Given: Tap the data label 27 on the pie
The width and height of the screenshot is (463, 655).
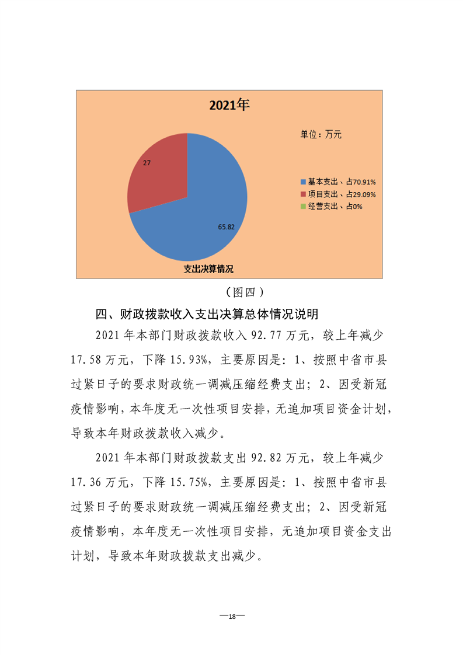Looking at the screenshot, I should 147,163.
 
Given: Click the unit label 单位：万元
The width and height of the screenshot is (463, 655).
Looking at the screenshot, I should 321,134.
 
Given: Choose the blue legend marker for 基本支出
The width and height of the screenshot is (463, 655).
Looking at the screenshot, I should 303,182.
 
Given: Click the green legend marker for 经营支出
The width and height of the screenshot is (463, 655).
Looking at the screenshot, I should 303,206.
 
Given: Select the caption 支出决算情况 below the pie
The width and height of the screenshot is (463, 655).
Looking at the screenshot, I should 208,269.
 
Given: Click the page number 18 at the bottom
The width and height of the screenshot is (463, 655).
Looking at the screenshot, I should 232,617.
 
